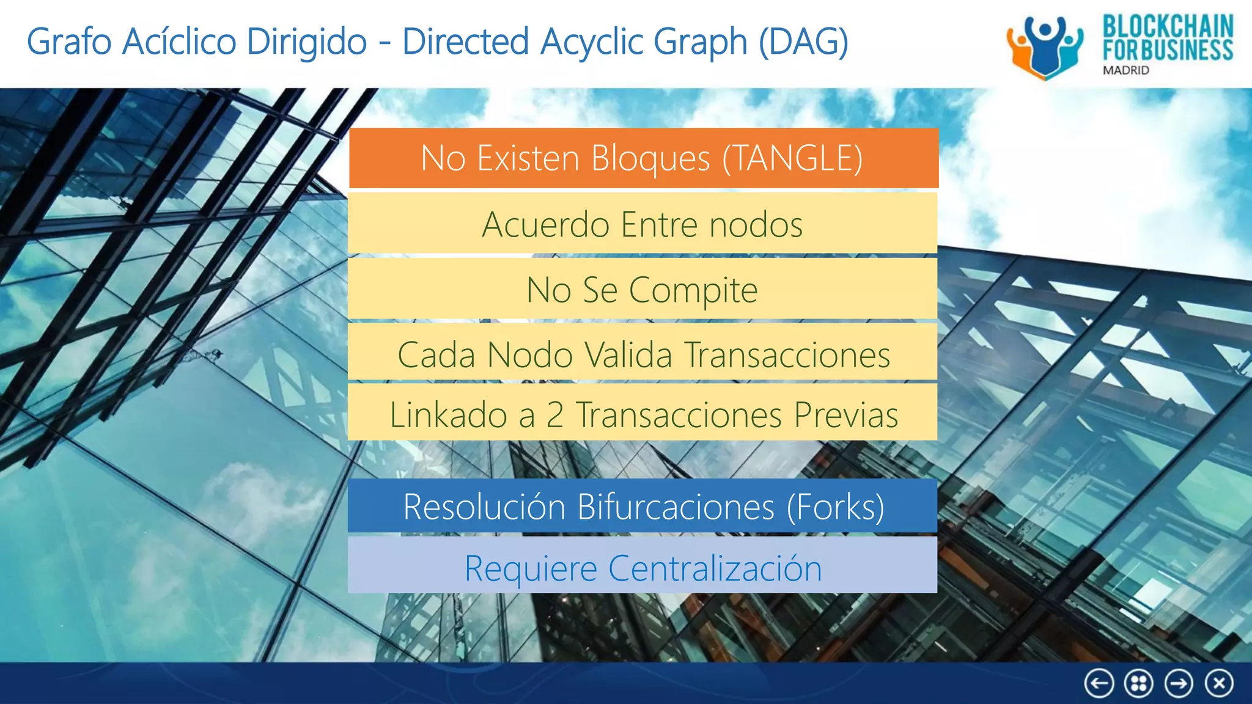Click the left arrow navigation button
(1099, 683)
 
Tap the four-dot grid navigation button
(1138, 683)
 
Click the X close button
(1219, 683)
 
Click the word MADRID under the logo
(1125, 70)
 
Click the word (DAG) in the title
(803, 42)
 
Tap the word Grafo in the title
(69, 42)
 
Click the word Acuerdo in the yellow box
(546, 224)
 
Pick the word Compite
(693, 290)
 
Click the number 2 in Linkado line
(554, 415)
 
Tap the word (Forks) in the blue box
(835, 507)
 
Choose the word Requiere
(531, 568)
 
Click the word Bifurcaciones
(676, 507)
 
